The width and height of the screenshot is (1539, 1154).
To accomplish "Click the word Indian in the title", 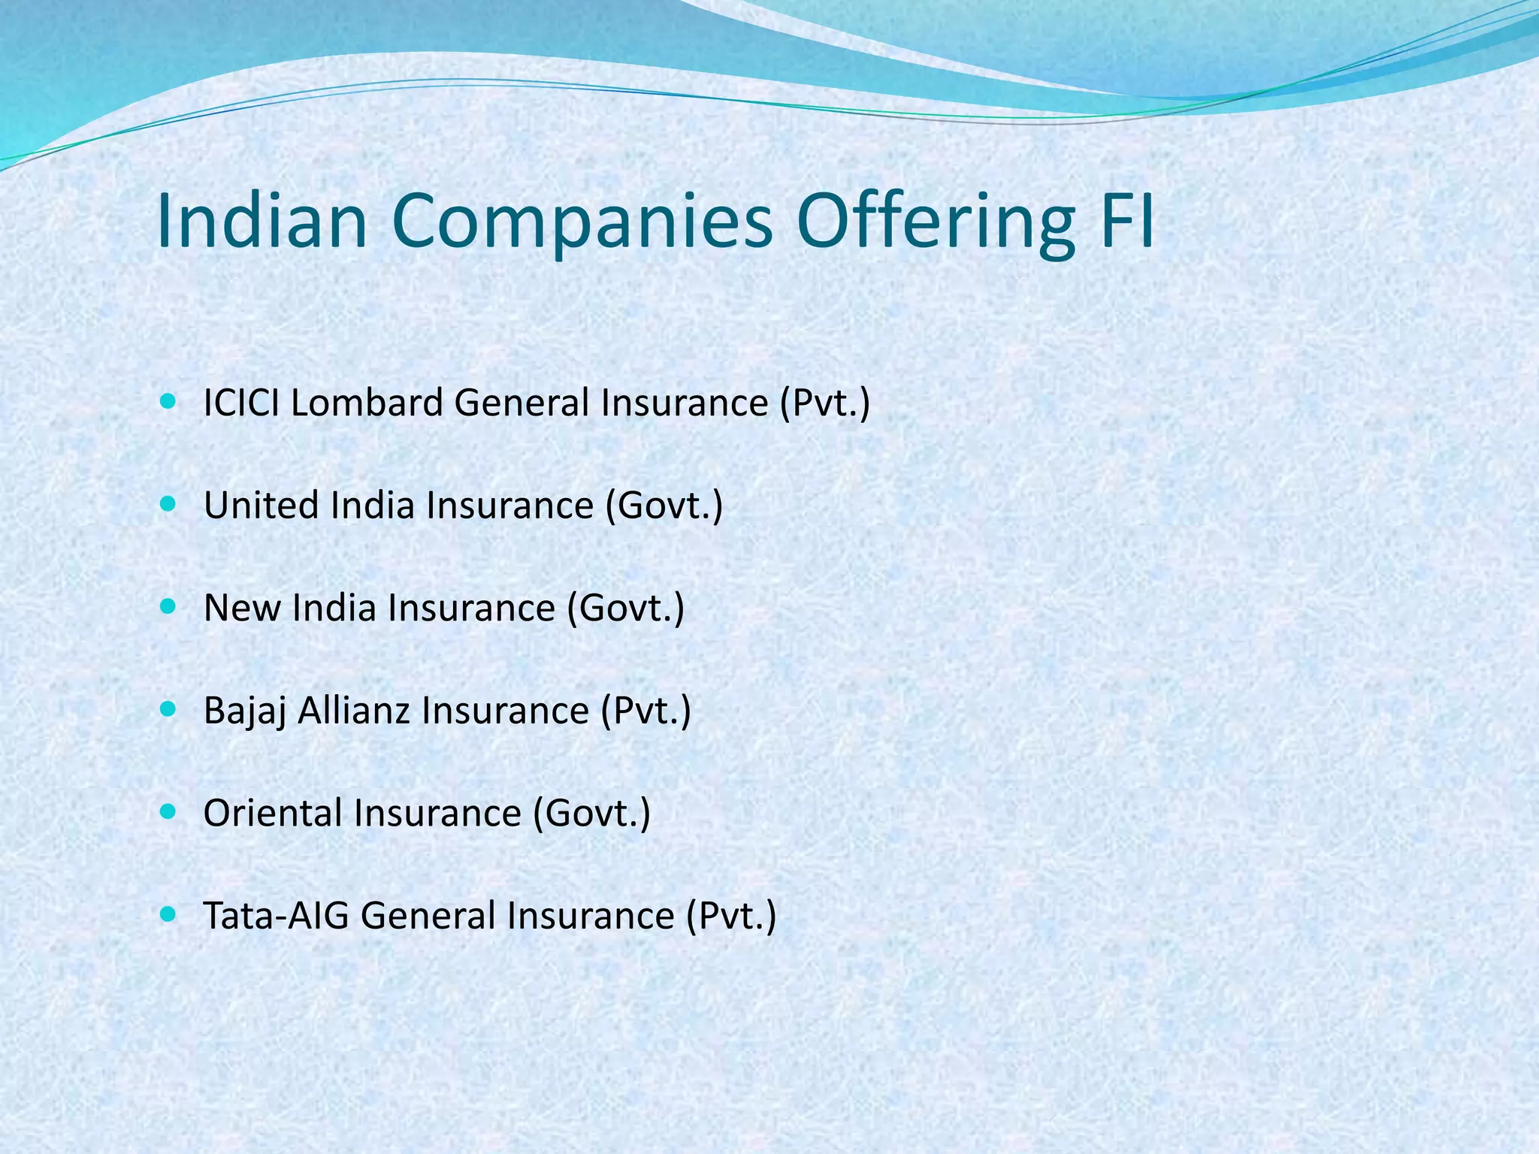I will [x=262, y=221].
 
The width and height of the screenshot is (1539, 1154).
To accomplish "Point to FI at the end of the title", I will [x=1125, y=221].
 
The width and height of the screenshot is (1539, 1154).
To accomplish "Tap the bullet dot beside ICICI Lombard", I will [x=168, y=401].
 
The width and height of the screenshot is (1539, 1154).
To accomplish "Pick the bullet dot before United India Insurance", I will [x=168, y=503].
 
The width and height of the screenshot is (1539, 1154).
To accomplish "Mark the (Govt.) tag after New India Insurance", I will [x=625, y=608].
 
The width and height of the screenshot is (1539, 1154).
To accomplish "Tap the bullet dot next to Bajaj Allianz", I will [x=168, y=708].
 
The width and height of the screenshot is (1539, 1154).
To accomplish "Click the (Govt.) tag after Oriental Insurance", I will [x=591, y=813].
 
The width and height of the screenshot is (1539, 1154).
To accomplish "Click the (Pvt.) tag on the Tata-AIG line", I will [x=730, y=916].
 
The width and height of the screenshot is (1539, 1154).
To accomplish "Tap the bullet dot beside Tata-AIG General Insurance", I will [x=168, y=914].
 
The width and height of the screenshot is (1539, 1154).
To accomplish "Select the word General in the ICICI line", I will [x=522, y=403].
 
